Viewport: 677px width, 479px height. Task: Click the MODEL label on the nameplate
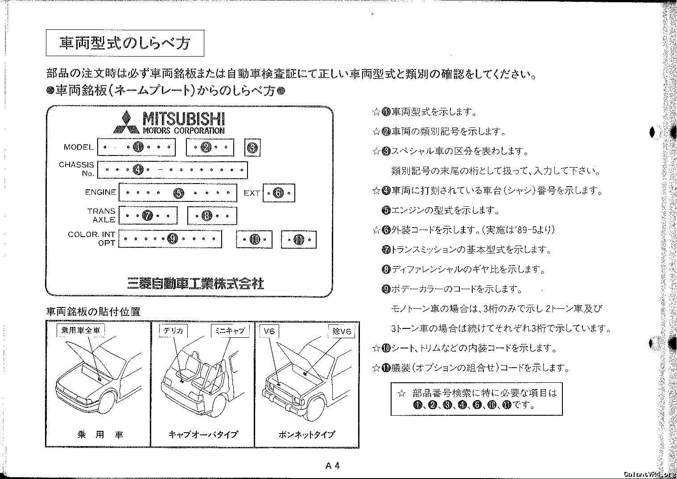(x=79, y=147)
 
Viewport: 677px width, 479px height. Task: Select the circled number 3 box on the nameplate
(x=252, y=147)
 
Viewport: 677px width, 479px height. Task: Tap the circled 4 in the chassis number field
(x=138, y=170)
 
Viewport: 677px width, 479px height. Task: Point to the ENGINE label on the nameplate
(x=101, y=192)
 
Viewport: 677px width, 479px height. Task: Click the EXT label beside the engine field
(x=252, y=193)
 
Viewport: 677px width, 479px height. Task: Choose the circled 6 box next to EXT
(x=279, y=193)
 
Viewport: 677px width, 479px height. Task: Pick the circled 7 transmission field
(x=148, y=216)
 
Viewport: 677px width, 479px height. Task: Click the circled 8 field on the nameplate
(x=207, y=216)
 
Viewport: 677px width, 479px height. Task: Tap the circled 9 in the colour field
(x=173, y=239)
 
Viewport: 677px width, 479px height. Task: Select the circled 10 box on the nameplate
(x=254, y=239)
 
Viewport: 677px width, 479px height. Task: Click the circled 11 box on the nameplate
(x=298, y=240)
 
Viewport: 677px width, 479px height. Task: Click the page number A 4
(x=333, y=466)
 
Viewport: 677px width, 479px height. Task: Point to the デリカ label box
(x=173, y=331)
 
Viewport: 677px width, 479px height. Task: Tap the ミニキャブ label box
(x=230, y=331)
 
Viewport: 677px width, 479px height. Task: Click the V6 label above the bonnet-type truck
(x=269, y=331)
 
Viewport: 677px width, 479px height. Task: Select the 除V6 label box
(x=342, y=331)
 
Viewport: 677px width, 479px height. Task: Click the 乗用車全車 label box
(x=81, y=330)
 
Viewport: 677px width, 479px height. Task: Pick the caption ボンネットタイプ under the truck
(x=306, y=434)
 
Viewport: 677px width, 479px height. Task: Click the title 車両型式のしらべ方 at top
(x=125, y=43)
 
